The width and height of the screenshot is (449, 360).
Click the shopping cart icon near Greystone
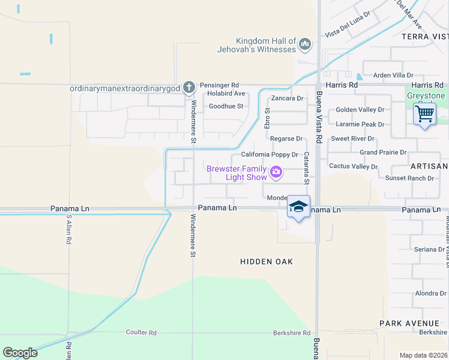pos(425,113)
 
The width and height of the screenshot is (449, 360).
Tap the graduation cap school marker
pos(298,206)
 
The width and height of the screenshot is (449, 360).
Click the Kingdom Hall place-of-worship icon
pos(305,44)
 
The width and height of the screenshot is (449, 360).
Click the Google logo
pos(20,353)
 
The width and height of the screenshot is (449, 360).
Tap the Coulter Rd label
pos(141,332)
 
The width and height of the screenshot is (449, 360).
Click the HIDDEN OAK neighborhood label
pos(267,262)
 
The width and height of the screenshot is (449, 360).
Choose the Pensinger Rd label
pos(219,85)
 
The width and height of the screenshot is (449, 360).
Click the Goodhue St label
pos(226,106)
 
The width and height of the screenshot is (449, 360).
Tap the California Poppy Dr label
pos(270,154)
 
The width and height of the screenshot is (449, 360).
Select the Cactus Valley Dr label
pos(353,166)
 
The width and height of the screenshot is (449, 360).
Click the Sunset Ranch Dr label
pos(409,178)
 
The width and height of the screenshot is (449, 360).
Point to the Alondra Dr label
pos(430,293)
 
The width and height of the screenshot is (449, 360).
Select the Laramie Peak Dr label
pos(360,124)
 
